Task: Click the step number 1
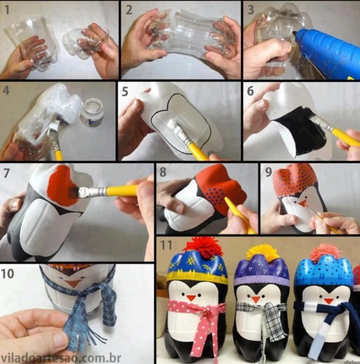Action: [x=7, y=10]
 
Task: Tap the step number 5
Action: [x=125, y=92]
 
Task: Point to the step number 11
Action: [x=166, y=245]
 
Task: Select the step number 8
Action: [x=163, y=172]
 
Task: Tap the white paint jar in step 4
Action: [x=92, y=112]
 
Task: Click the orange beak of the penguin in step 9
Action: [x=302, y=204]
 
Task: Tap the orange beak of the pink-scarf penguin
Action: [x=191, y=298]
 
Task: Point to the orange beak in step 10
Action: [x=73, y=283]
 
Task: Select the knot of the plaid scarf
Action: [x=270, y=309]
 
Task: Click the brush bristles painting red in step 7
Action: [x=74, y=192]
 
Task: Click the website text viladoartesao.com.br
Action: [x=61, y=358]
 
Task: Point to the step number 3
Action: [x=251, y=10]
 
